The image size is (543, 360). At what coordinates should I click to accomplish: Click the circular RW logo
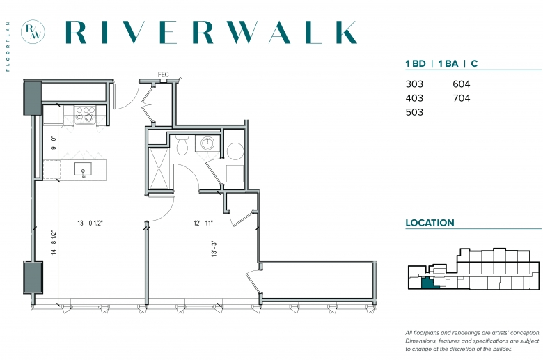click(33, 32)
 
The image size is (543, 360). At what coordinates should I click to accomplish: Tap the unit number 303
click(414, 84)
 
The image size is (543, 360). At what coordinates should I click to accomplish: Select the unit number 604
click(462, 84)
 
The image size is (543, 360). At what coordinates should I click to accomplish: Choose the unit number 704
click(462, 98)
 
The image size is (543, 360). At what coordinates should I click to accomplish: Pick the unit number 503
click(414, 112)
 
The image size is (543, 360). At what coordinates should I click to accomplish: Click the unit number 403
click(414, 98)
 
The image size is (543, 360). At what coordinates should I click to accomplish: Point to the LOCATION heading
click(430, 223)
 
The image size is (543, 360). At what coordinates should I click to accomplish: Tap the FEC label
click(163, 75)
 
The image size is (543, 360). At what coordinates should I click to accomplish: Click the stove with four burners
click(85, 114)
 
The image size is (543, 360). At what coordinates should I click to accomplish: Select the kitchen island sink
click(83, 169)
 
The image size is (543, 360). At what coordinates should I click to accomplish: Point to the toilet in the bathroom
click(182, 144)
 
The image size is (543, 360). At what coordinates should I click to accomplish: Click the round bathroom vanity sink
click(207, 143)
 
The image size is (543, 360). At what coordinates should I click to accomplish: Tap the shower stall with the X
click(159, 169)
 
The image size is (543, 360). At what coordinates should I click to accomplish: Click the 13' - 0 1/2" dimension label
click(90, 223)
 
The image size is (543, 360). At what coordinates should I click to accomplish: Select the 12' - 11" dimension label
click(203, 223)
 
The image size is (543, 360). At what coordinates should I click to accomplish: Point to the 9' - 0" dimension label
click(54, 143)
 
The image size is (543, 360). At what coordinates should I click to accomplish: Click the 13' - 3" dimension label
click(214, 249)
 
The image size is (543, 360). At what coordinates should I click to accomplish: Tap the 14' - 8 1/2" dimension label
click(54, 242)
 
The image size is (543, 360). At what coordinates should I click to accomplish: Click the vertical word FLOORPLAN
click(8, 47)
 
